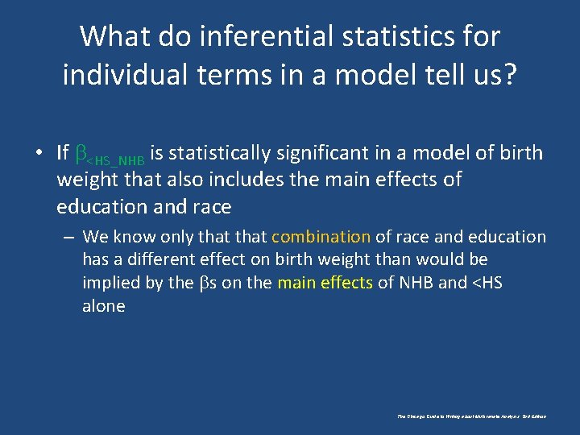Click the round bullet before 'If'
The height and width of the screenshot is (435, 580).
coord(39,153)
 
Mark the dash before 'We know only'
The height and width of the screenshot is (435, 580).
coord(71,238)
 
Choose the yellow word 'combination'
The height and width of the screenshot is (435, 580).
coord(321,237)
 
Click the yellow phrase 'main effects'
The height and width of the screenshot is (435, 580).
coord(324,283)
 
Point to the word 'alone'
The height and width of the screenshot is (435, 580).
coord(103,306)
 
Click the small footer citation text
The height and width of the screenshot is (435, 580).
coord(471,416)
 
